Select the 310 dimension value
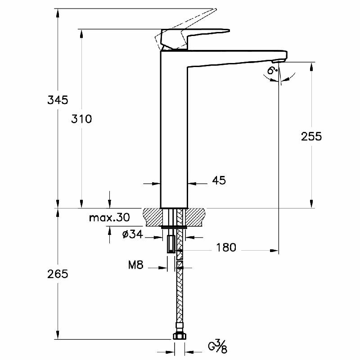click(x=81, y=119)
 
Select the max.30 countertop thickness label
click(x=109, y=218)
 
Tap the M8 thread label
click(x=135, y=265)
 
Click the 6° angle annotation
click(x=271, y=71)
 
